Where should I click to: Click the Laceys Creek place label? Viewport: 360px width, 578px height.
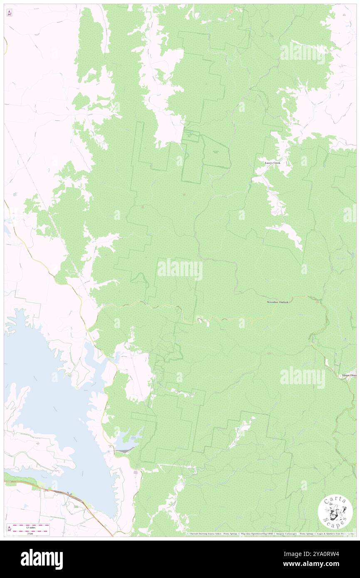[x=273, y=163]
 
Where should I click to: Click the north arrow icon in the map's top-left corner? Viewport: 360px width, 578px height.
[x=9, y=13]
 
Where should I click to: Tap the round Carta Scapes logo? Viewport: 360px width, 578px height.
[x=335, y=512]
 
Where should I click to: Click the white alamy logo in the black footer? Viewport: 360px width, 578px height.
[x=42, y=559]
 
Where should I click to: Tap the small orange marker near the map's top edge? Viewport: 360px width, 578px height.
[x=232, y=11]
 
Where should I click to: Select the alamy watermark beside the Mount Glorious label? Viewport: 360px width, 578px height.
[x=303, y=377]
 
